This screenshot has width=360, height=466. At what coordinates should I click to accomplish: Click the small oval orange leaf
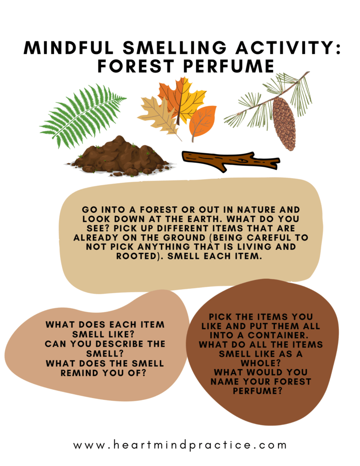tap(203, 121)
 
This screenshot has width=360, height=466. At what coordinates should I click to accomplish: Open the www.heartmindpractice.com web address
tap(180, 445)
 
